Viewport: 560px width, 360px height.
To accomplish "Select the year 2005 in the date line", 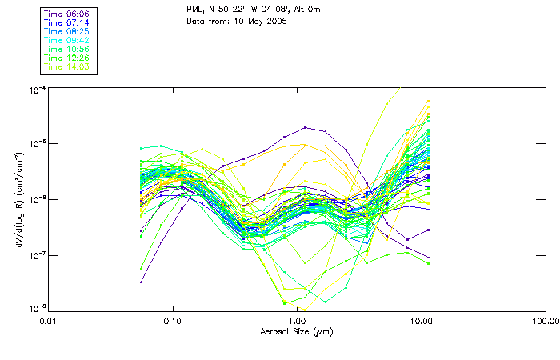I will [274, 20].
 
